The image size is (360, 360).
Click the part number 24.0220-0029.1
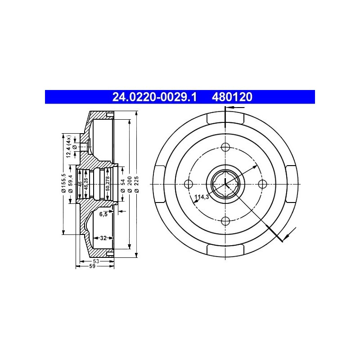(154, 97)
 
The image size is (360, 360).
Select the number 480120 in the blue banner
(232, 97)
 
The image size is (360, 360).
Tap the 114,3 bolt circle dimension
(202, 197)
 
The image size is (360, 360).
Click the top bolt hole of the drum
(225, 147)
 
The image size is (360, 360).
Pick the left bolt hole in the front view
(189, 184)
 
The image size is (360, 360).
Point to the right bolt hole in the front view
(262, 184)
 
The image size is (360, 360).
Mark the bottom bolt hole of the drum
(225, 221)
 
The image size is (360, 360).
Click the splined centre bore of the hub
(225, 184)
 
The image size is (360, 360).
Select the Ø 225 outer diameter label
(137, 184)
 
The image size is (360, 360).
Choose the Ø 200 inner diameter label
(130, 184)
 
